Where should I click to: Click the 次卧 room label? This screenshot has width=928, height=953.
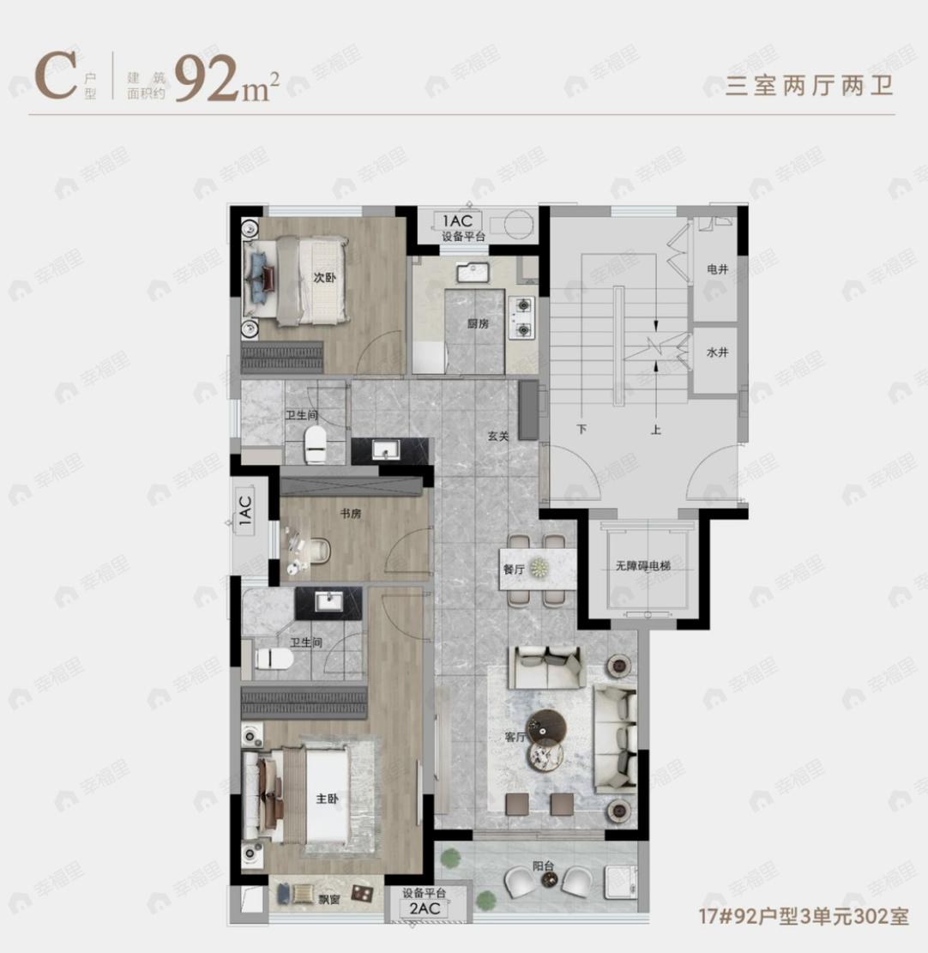[x=322, y=278]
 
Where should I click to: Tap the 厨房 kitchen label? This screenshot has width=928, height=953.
[x=479, y=323]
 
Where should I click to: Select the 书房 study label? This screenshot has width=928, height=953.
[x=349, y=514]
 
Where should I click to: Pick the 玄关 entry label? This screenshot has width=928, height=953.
[x=498, y=436]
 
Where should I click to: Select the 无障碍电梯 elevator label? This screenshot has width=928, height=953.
[x=647, y=567]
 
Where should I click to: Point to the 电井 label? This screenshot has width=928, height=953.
[x=717, y=269]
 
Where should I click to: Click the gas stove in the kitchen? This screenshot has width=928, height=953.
[x=522, y=318]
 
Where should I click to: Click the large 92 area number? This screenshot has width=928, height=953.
[x=206, y=79]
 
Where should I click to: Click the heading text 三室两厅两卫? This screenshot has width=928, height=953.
[x=798, y=87]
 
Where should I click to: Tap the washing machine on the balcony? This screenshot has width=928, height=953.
[x=618, y=879]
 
